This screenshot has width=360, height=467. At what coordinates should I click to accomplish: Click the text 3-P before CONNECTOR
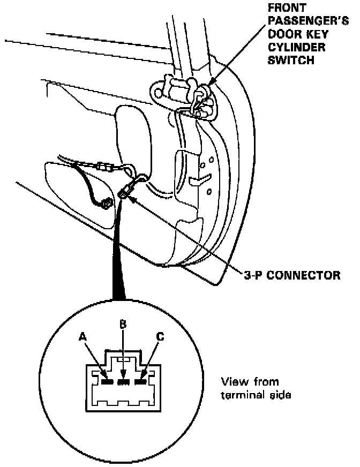251,276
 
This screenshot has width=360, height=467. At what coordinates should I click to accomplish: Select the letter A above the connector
82,337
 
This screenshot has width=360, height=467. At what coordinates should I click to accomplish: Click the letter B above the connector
123,325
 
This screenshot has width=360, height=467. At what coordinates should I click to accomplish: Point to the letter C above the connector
160,337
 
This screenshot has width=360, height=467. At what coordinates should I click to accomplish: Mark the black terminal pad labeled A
107,382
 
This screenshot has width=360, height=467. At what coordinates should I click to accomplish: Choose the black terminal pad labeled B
124,382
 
